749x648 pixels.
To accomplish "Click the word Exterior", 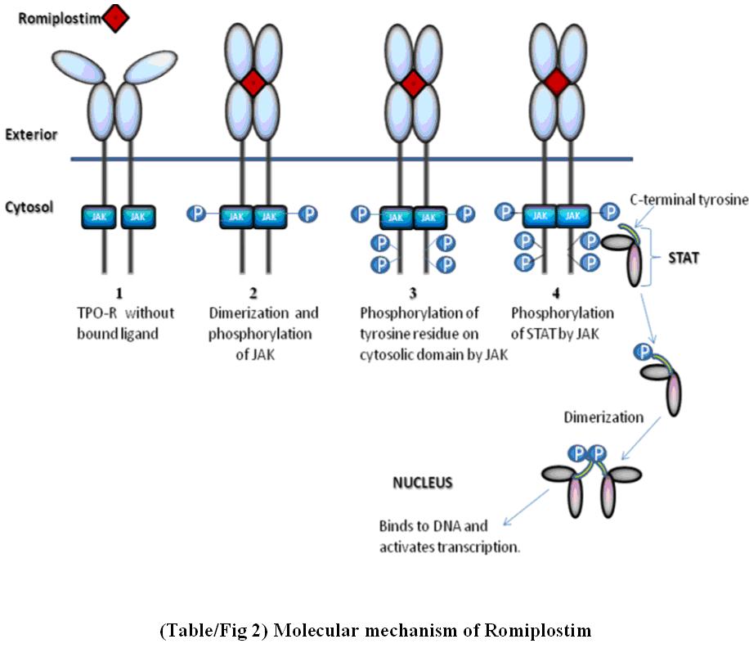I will coord(29,134).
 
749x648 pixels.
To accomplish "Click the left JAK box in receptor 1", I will coord(99,217).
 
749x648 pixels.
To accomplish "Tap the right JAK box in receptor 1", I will coord(138,217).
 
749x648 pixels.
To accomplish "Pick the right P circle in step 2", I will coord(307,214).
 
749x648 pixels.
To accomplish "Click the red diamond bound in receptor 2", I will coord(253,83).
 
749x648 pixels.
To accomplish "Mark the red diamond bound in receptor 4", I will coord(556,82).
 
